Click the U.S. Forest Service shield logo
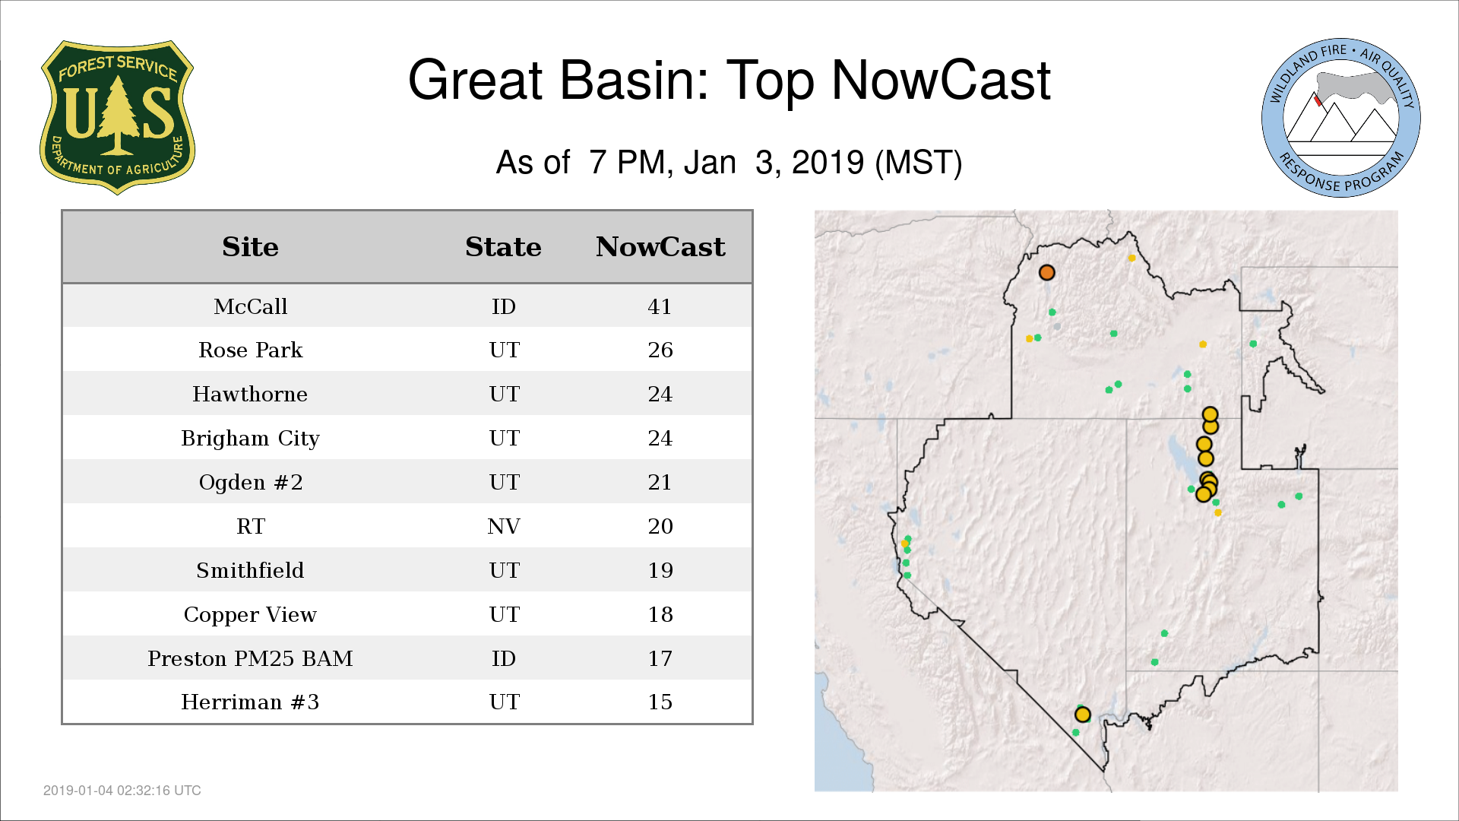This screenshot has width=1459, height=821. pyautogui.click(x=117, y=117)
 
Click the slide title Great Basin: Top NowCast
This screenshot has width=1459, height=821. pyautogui.click(x=729, y=80)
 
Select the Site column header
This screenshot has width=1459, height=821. pyautogui.click(x=250, y=247)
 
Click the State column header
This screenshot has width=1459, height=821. pyautogui.click(x=503, y=247)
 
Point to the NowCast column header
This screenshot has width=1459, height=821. pyautogui.click(x=660, y=247)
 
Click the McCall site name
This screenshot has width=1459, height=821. pyautogui.click(x=250, y=306)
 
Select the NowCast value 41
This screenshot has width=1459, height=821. pyautogui.click(x=660, y=306)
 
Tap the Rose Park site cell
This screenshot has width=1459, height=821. pyautogui.click(x=250, y=350)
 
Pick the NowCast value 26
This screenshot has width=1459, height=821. pyautogui.click(x=660, y=350)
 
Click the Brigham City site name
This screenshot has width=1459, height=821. pyautogui.click(x=250, y=439)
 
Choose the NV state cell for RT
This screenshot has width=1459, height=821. pyautogui.click(x=503, y=526)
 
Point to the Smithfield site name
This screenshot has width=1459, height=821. pyautogui.click(x=250, y=570)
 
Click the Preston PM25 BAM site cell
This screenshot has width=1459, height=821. pyautogui.click(x=250, y=658)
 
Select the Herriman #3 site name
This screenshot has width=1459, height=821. pyautogui.click(x=250, y=702)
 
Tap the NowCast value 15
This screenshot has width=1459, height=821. pyautogui.click(x=660, y=702)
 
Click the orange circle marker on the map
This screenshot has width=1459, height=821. pyautogui.click(x=1046, y=272)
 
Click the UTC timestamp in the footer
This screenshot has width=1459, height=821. pyautogui.click(x=122, y=791)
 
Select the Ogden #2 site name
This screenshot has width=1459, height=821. pyautogui.click(x=250, y=482)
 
